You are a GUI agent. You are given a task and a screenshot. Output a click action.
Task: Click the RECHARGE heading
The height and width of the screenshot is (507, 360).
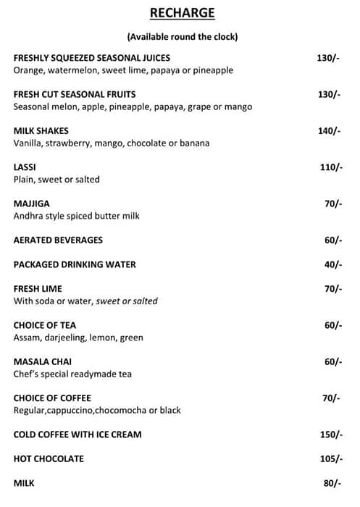[182, 13]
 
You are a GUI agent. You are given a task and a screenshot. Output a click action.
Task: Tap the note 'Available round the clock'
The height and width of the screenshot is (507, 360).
[182, 36]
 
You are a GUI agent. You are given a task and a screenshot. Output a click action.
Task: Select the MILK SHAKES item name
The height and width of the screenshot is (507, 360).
[41, 131]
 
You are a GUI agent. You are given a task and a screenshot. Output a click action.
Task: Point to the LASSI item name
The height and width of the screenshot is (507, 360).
[25, 167]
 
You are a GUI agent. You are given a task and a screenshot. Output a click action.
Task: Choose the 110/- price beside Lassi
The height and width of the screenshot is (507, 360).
[330, 167]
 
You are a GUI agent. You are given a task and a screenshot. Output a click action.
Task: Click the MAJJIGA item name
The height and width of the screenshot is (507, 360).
[32, 204]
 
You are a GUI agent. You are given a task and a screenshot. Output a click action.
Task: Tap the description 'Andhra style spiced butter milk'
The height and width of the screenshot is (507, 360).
[77, 216]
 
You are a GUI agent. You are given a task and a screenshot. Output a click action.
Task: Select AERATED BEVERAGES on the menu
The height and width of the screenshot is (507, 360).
[58, 240]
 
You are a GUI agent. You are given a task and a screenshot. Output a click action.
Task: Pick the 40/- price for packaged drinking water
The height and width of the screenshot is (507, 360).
[333, 264]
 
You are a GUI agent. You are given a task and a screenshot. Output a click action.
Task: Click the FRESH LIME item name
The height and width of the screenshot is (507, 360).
[38, 289]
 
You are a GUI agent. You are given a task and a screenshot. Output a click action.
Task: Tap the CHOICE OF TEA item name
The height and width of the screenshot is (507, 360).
[45, 325]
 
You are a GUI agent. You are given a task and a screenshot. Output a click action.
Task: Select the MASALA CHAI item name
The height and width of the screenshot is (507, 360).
[43, 361]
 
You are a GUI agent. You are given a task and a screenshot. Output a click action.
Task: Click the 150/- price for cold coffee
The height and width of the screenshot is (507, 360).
[330, 435]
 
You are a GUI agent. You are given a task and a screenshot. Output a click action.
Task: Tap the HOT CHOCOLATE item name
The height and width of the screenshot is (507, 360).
[49, 458]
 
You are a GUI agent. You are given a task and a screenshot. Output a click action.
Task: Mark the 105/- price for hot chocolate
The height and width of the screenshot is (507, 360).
[330, 458]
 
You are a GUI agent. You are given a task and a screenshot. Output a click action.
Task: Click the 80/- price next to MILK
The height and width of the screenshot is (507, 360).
[333, 483]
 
